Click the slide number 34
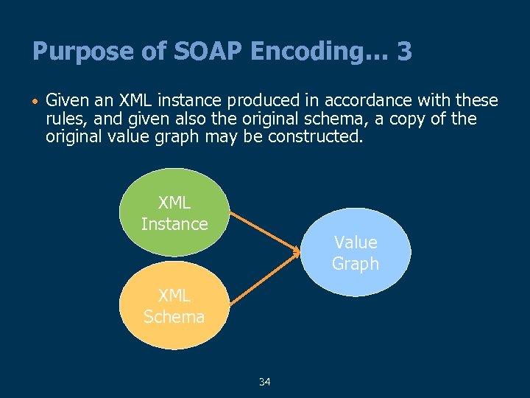(x=265, y=382)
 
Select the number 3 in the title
(x=403, y=52)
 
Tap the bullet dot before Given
(x=35, y=100)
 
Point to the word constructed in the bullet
(x=321, y=137)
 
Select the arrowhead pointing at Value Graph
(x=297, y=252)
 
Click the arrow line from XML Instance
(x=261, y=231)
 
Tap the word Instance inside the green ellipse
(x=174, y=223)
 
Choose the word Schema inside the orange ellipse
(x=174, y=317)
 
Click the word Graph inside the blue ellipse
(x=356, y=263)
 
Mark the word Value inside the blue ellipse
(x=356, y=242)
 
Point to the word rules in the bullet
(x=64, y=119)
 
